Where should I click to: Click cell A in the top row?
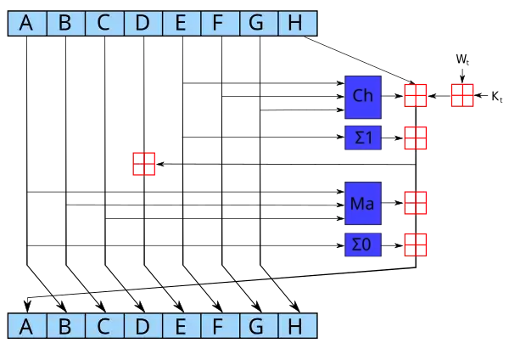26,23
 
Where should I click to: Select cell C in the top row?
103,23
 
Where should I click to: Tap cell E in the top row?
180,23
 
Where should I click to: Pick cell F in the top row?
218,23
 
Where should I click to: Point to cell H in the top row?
295,23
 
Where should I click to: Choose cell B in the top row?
64,23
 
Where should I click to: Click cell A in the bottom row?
26,326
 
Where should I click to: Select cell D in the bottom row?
142,326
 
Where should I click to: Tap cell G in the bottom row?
256,326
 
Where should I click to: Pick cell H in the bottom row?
295,326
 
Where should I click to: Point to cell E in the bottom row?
180,326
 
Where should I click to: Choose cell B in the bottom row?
64,326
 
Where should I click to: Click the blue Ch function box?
363,96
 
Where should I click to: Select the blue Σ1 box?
363,138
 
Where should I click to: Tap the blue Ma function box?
363,204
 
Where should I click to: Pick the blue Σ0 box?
363,245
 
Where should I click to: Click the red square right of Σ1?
415,138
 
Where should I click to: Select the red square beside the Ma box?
415,204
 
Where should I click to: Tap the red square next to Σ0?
415,245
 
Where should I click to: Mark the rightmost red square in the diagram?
461,95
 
